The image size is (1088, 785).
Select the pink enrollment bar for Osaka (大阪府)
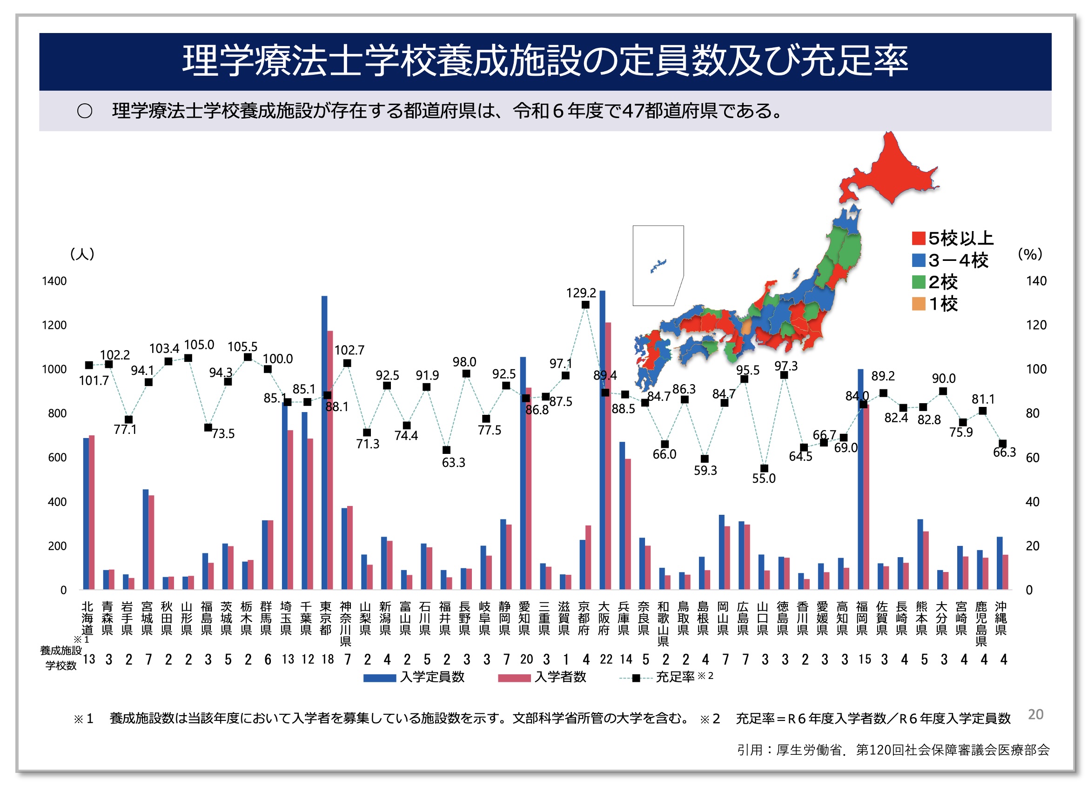(608, 456)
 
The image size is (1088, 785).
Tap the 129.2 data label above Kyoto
(581, 293)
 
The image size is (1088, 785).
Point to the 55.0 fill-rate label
(763, 479)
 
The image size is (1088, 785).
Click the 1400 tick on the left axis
(54, 281)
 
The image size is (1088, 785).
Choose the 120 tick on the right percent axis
(1036, 325)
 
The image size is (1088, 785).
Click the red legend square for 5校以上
(918, 238)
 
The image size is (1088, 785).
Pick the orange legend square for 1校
(918, 304)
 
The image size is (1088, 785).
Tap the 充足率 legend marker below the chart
(636, 678)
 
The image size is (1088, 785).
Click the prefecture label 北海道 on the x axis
(87, 618)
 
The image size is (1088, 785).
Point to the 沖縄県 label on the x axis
(1001, 618)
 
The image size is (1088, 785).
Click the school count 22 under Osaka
(606, 659)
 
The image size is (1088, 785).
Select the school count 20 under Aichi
(526, 659)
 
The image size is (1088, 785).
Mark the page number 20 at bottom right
(1035, 714)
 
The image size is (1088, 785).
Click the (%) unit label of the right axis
(1030, 254)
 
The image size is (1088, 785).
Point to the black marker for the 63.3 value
(446, 450)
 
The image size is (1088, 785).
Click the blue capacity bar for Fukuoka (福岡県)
(860, 479)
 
